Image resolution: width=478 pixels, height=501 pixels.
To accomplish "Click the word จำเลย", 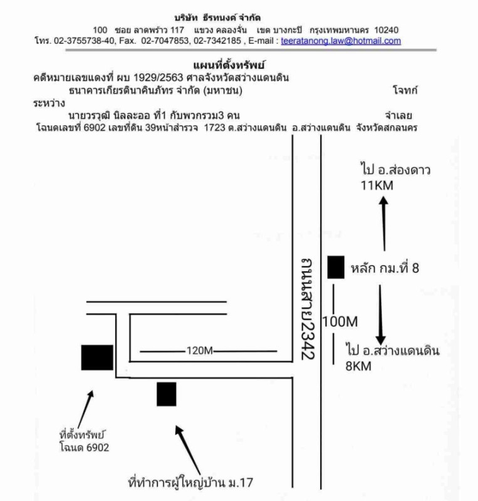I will pos(402,115).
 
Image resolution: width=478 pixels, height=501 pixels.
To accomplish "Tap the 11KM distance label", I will pos(375,185).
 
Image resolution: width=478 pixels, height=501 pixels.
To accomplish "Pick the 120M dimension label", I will pos(200,351).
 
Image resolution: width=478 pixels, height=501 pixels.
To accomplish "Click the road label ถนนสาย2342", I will pos(307,307).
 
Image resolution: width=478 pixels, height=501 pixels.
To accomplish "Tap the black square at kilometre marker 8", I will pos(336,267).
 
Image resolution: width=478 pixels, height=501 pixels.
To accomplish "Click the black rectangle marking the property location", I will pos(97,358).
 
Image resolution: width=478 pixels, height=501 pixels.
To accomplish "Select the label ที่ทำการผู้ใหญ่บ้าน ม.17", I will pos(191,483).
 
